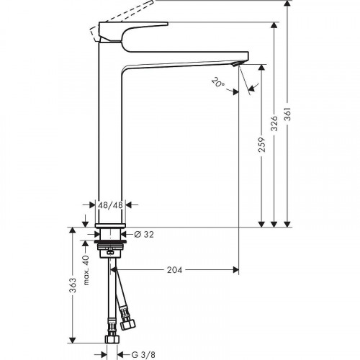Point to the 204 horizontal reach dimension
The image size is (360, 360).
pos(174,270)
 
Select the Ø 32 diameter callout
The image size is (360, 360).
pos(145,234)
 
